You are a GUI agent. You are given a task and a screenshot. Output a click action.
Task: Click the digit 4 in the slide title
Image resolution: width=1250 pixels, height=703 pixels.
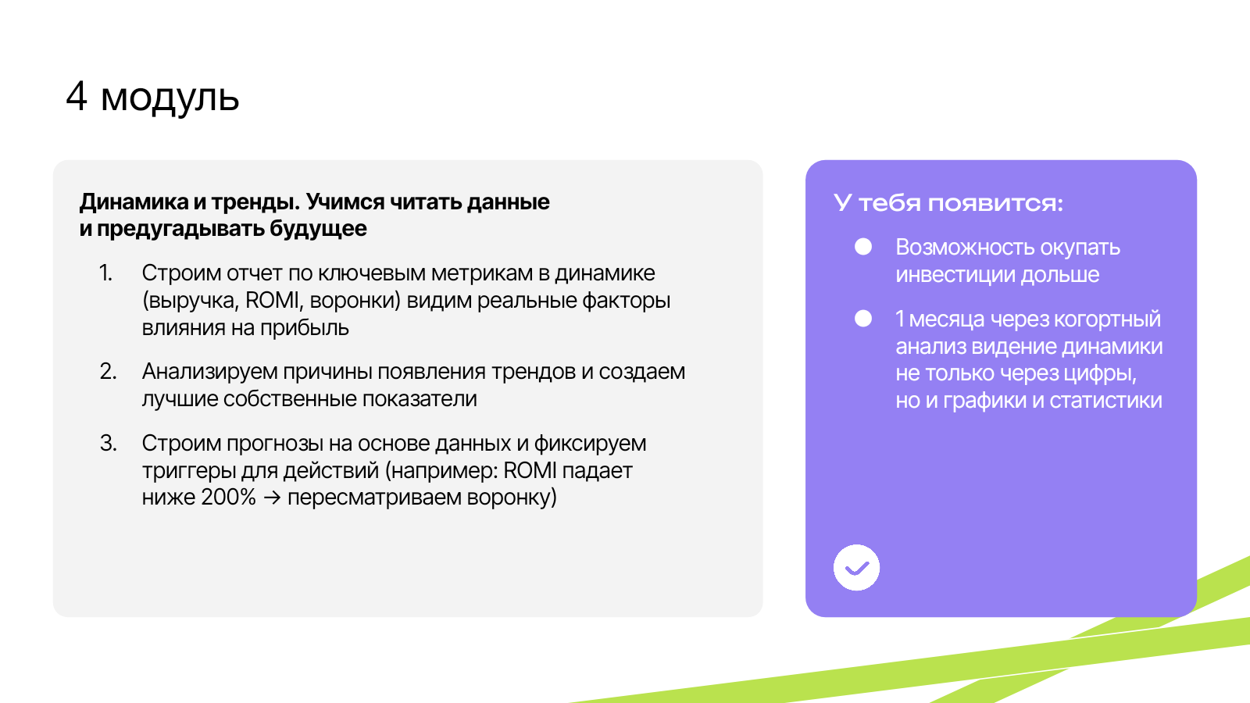[77, 96]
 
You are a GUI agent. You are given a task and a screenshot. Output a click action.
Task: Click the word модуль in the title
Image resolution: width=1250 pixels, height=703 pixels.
[170, 98]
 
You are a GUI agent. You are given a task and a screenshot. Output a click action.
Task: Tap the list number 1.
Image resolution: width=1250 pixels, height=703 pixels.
[105, 273]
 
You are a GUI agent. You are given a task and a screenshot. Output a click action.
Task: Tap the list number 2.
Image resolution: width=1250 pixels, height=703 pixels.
[109, 372]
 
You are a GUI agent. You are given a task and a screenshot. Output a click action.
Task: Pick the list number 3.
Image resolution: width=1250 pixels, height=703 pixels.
[109, 444]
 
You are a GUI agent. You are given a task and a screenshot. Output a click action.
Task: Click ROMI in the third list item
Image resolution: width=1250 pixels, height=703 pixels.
[530, 470]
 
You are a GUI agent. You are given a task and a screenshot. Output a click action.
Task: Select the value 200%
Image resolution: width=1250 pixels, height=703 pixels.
[228, 497]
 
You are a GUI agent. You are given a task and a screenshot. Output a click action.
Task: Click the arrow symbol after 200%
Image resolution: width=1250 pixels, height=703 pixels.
[272, 498]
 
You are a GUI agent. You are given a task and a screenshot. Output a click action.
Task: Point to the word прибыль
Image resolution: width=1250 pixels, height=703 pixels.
[305, 328]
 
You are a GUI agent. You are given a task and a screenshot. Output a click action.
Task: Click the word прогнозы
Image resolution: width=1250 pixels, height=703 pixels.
[274, 444]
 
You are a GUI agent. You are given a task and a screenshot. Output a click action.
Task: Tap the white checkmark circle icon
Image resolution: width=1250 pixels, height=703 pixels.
[856, 567]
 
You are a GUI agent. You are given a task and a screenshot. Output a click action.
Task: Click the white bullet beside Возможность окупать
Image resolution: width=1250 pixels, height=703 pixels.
[863, 247]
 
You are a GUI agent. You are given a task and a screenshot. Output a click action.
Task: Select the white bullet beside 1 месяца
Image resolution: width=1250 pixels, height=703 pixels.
[863, 319]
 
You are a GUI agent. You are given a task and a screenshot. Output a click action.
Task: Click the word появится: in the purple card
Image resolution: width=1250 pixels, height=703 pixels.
[995, 202]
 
